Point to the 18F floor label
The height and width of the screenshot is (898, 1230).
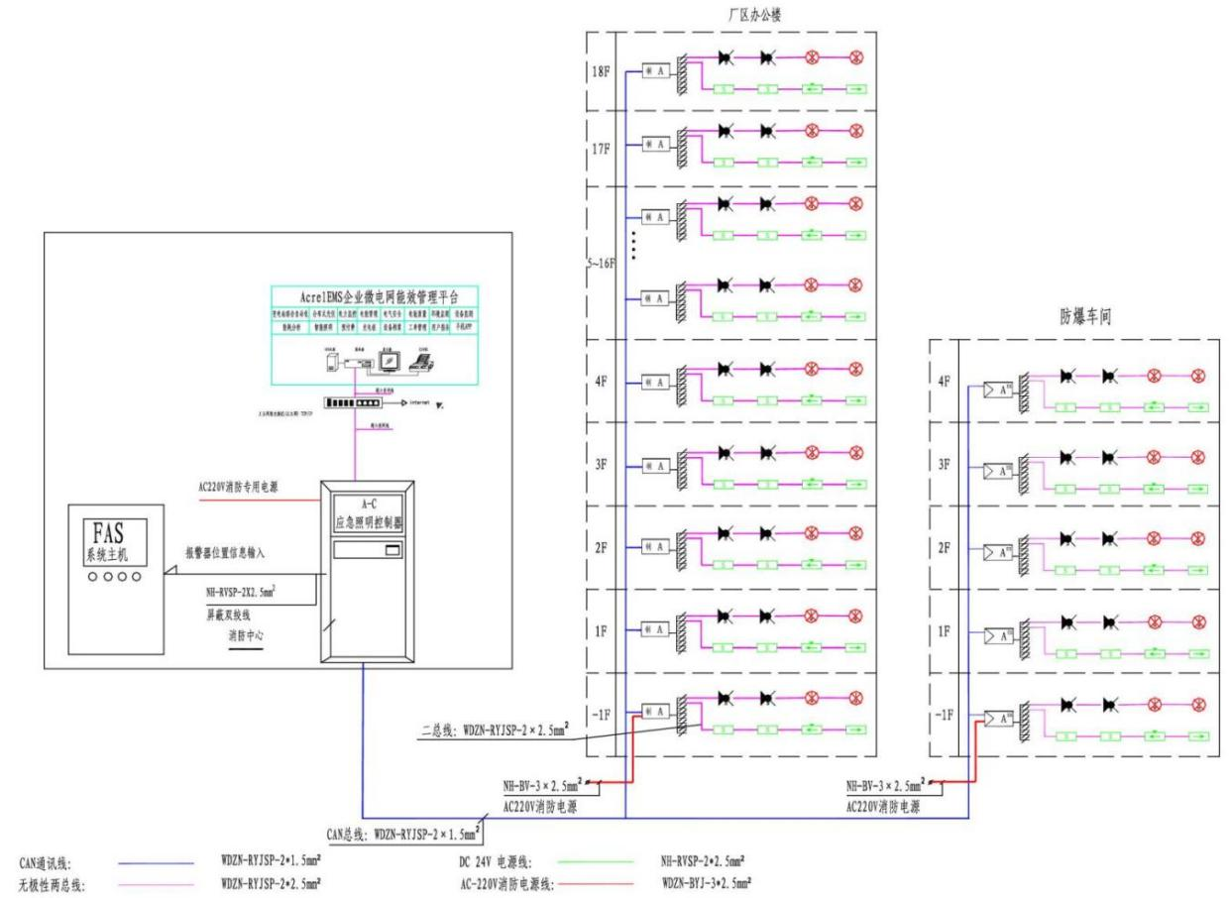[600, 72]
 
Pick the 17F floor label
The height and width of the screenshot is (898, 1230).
[600, 153]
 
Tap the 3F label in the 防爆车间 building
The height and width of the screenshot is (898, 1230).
[946, 464]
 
